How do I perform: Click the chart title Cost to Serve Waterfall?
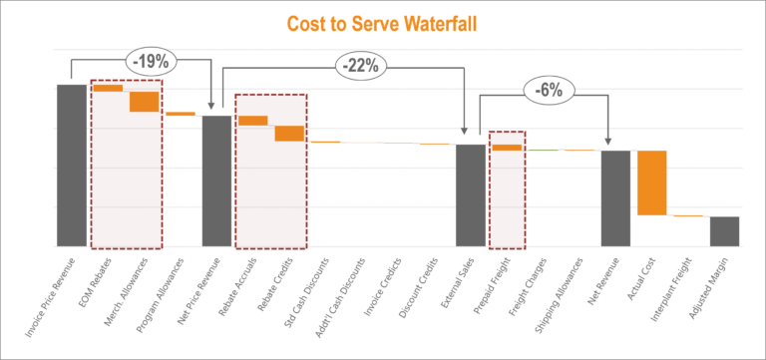[x=382, y=22]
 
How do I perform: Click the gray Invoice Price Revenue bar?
[x=71, y=165]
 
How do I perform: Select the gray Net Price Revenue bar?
[x=216, y=180]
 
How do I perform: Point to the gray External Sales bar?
[x=471, y=194]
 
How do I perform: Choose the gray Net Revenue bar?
[x=615, y=197]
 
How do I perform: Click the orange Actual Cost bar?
[x=651, y=182]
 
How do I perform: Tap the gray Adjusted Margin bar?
[x=724, y=230]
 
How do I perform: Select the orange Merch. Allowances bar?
[x=144, y=101]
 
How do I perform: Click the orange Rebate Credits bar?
[x=289, y=133]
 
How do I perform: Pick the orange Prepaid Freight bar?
[x=507, y=148]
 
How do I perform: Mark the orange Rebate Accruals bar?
[x=252, y=121]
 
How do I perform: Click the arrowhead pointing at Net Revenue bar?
[x=607, y=144]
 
